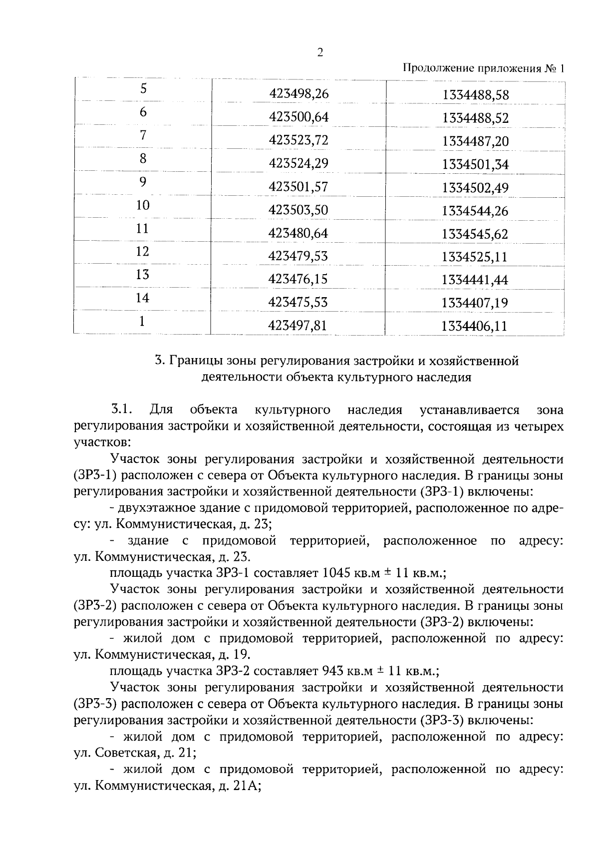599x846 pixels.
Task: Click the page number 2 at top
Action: pos(320,53)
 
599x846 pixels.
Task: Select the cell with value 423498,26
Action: pos(299,93)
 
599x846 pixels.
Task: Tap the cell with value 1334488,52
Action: pos(475,118)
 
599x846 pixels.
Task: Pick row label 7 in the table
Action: pos(143,135)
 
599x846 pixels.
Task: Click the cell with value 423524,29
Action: pos(299,163)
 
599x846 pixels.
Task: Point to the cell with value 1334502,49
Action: pos(475,188)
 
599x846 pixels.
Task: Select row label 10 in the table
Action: pos(143,205)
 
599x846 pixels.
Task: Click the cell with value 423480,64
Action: pos(299,233)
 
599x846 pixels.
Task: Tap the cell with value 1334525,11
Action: pos(475,257)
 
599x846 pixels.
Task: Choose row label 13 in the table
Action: pos(143,275)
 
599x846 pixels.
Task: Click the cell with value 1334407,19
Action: pos(475,303)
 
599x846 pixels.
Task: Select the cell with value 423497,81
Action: pos(299,326)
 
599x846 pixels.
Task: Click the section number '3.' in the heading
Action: pos(159,361)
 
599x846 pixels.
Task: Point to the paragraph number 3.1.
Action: pos(121,410)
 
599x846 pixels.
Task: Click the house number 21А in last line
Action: pos(245,786)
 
